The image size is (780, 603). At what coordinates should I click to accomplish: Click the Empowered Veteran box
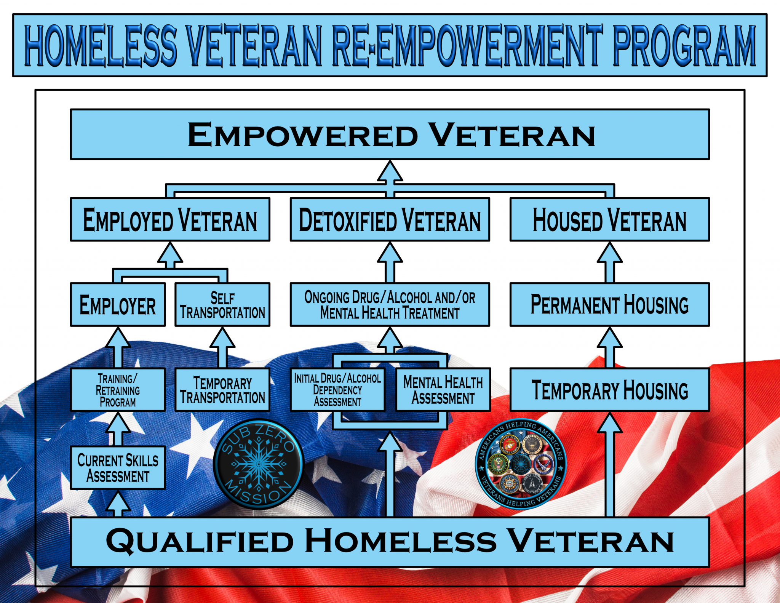390,134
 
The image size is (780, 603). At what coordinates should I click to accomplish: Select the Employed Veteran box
170,219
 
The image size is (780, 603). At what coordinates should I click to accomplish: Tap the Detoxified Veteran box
390,219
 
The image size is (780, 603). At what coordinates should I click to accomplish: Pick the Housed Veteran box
609,219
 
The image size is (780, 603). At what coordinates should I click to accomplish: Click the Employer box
118,304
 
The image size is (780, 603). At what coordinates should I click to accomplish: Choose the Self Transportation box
222,304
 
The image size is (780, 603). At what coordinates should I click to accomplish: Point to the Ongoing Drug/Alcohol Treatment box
390,304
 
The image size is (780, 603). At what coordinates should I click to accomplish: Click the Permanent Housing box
609,304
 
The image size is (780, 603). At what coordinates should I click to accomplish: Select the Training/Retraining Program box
118,389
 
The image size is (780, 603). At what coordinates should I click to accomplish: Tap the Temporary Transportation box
222,389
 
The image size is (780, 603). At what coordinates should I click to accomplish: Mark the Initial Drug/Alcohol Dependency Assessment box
337,389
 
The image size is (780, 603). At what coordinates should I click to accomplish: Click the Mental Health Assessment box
443,389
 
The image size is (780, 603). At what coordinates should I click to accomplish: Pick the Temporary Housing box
609,389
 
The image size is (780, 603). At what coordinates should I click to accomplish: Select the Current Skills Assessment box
118,467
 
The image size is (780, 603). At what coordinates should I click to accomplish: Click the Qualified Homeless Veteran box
390,541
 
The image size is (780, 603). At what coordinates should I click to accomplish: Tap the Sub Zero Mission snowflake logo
259,464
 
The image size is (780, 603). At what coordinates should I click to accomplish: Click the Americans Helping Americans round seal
521,464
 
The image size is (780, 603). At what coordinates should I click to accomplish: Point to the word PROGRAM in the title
684,46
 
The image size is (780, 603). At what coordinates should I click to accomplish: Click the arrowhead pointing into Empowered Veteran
390,171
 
